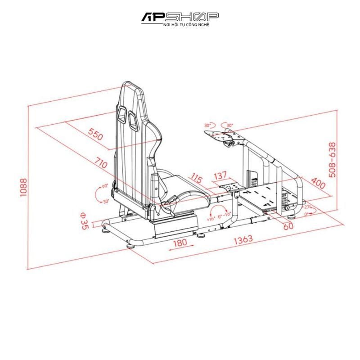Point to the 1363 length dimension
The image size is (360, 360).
(243, 240)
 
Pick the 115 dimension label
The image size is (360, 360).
(195, 177)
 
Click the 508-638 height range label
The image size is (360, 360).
(332, 160)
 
